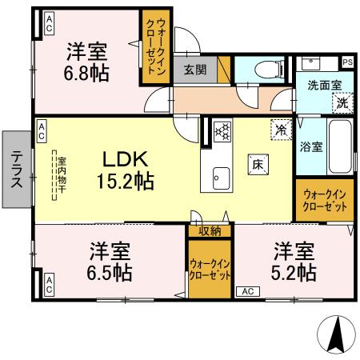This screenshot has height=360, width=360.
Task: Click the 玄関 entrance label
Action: (194, 70)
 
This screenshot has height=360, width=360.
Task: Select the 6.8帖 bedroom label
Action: (88, 62)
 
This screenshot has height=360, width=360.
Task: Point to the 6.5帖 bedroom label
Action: (110, 261)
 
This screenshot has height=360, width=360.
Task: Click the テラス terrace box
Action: (17, 170)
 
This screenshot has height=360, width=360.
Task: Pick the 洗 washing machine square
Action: (342, 102)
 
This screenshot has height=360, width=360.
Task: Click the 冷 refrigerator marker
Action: (281, 127)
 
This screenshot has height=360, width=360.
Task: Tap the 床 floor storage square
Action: (258, 163)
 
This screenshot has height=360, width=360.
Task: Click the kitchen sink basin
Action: (220, 177)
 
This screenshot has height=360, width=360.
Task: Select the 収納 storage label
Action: (210, 231)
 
